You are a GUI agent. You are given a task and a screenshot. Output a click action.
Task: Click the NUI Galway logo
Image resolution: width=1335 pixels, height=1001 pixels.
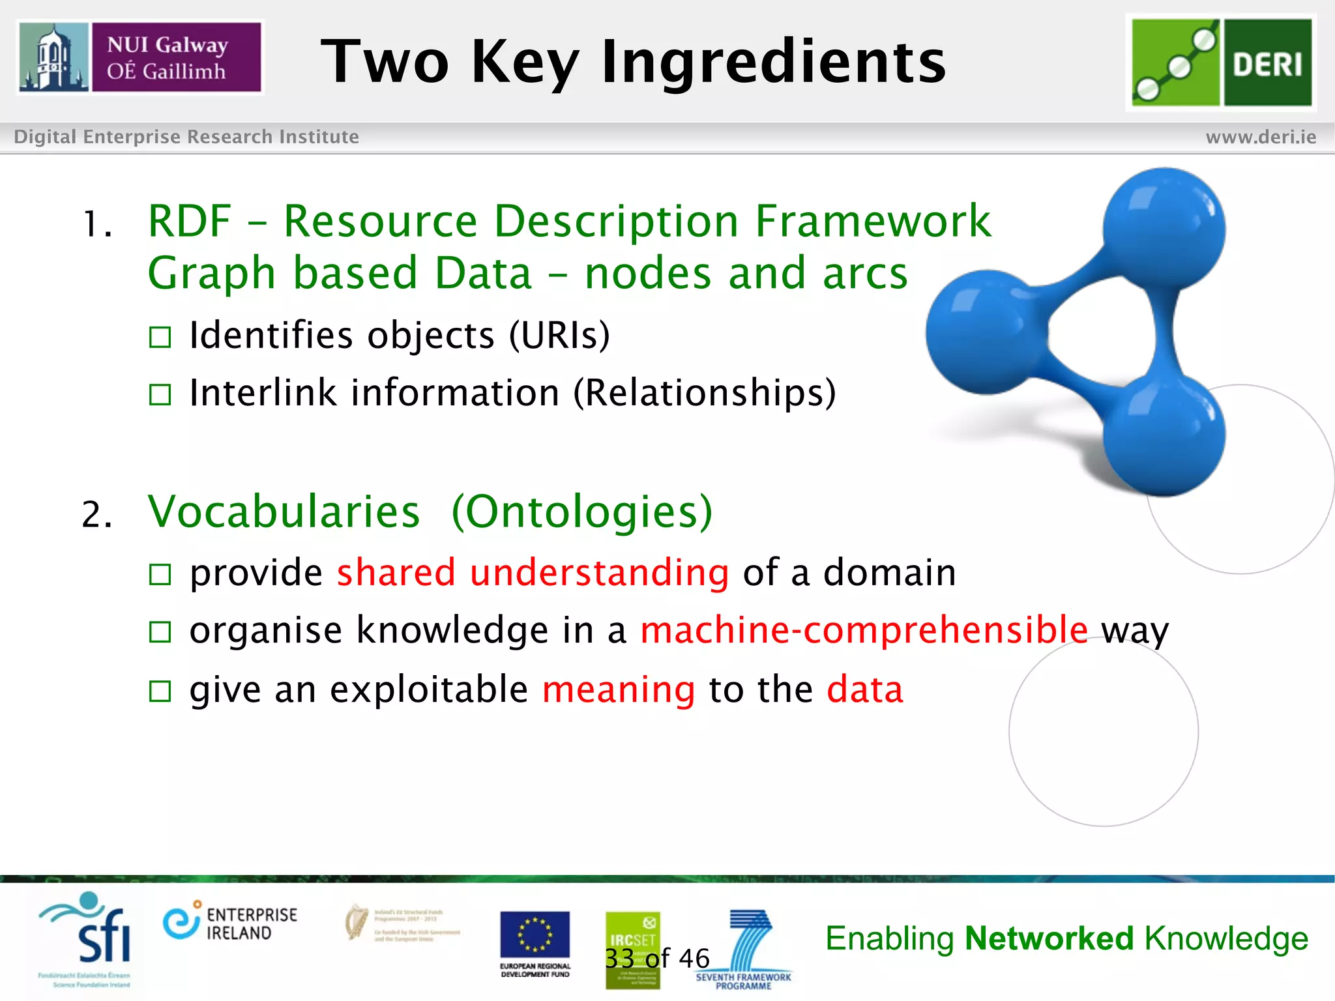(139, 57)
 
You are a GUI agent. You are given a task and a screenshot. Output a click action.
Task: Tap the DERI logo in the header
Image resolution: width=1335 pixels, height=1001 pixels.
(1221, 63)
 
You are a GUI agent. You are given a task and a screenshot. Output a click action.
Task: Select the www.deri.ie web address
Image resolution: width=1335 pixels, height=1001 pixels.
(1261, 137)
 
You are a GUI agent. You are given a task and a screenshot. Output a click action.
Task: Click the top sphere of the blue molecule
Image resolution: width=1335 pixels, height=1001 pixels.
(1164, 228)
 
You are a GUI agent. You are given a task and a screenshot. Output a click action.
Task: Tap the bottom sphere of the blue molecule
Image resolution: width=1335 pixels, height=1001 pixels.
(1164, 435)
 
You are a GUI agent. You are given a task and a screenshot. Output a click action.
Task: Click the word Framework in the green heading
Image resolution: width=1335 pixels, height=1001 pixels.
(873, 222)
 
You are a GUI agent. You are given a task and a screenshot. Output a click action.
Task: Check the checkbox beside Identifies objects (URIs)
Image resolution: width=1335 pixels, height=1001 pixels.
(160, 337)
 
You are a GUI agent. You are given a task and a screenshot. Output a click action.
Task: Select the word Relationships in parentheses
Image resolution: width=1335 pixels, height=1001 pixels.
(704, 393)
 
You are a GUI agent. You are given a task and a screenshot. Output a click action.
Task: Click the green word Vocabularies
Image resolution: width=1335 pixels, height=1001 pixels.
(284, 512)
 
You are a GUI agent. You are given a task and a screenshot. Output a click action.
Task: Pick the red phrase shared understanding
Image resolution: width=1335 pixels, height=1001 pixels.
(533, 573)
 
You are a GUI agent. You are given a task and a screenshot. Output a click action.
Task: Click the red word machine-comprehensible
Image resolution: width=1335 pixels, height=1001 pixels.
(864, 630)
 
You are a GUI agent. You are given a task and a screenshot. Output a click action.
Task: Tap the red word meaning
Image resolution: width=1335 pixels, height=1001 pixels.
(618, 689)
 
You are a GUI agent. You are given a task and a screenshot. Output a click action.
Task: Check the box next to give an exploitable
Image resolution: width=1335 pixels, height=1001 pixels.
(160, 691)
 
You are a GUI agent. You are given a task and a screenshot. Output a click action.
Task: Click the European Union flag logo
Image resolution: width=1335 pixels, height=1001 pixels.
(535, 936)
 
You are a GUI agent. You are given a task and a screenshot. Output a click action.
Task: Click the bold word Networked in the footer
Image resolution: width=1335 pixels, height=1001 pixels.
(1049, 938)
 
